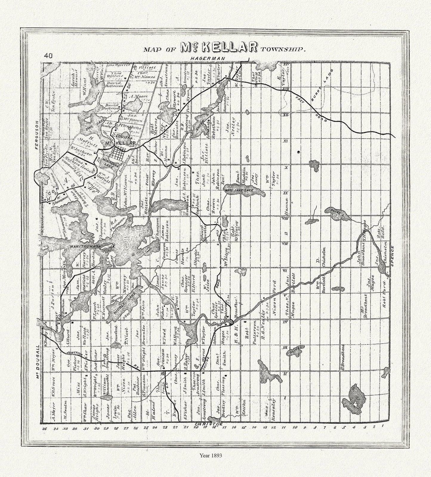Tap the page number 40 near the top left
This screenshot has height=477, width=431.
click(x=48, y=56)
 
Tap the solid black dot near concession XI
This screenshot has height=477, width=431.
click(x=298, y=153)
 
